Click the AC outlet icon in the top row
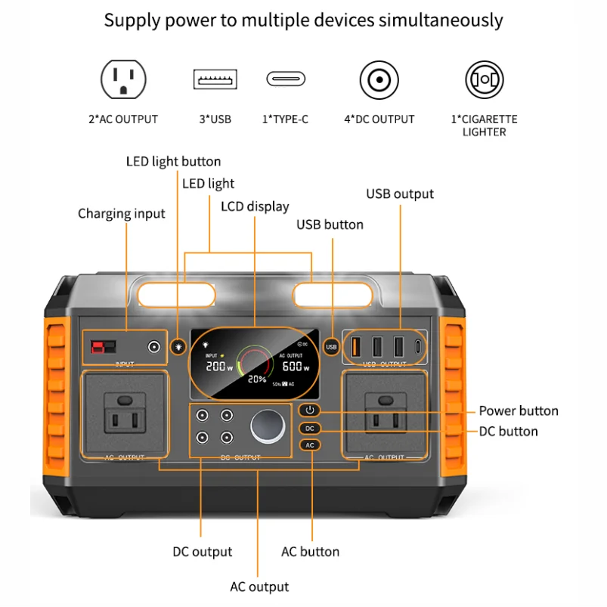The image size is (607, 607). pyautogui.click(x=123, y=79)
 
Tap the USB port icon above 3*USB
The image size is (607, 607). pyautogui.click(x=215, y=79)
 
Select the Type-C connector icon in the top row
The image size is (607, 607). pyautogui.click(x=286, y=79)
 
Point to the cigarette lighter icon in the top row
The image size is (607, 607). pyautogui.click(x=484, y=79)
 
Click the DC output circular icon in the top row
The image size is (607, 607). pyautogui.click(x=379, y=79)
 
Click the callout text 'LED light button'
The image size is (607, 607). pyautogui.click(x=173, y=161)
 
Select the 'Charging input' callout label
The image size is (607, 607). pyautogui.click(x=121, y=214)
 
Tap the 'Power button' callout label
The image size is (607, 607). pyautogui.click(x=518, y=411)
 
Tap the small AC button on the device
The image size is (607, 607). pyautogui.click(x=309, y=445)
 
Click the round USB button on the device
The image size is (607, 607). pyautogui.click(x=330, y=347)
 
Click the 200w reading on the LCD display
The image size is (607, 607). pyautogui.click(x=220, y=365)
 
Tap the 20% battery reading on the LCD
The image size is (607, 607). pyautogui.click(x=256, y=379)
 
